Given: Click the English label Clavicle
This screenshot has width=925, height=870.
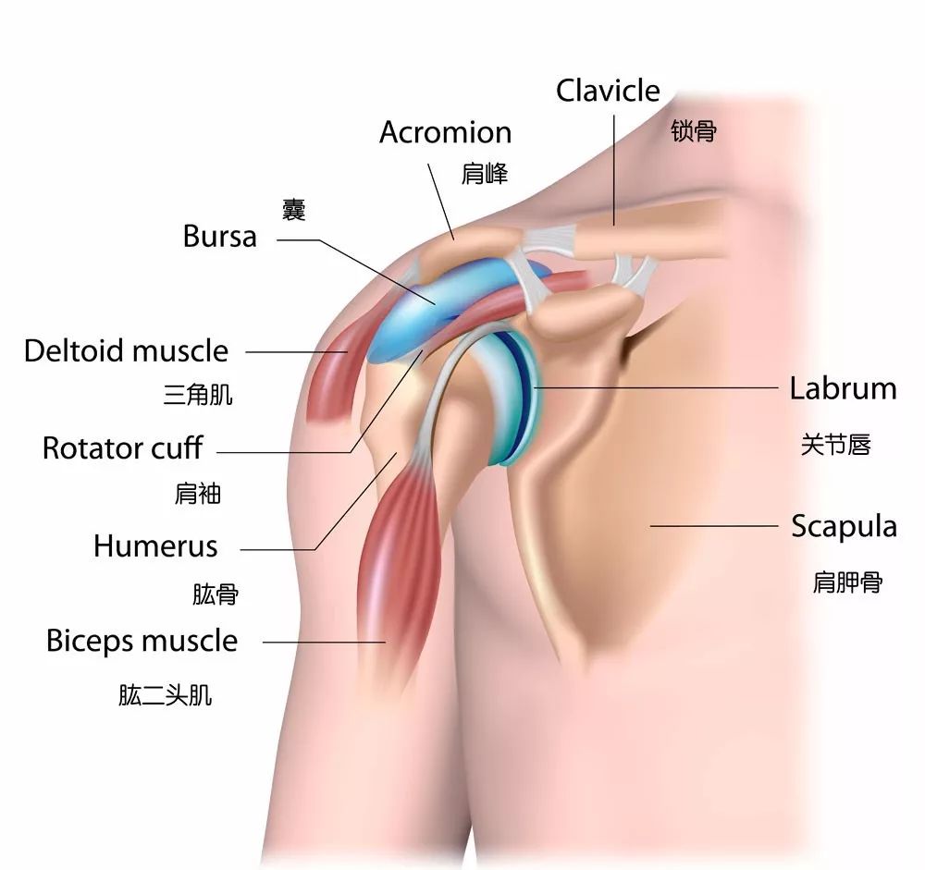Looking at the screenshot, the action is coord(608,91).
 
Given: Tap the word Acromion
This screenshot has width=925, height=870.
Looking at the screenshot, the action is coord(446,132).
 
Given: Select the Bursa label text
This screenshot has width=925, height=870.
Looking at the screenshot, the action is coord(219,237).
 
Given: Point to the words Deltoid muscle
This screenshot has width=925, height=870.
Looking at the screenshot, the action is coord(126,351).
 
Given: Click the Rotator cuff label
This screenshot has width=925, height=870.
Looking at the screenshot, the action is coord(123,448).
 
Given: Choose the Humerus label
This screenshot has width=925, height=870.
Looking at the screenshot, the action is coord(155,546).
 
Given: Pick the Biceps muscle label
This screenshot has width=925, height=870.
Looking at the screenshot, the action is coord(142,641).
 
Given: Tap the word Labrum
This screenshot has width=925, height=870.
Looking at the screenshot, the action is coord(843,389).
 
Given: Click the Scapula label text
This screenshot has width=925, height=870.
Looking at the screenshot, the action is coord(844,527).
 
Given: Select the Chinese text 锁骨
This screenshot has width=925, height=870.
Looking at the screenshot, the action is coord(694,131).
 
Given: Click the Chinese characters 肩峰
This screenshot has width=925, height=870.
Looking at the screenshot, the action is coord(485,175).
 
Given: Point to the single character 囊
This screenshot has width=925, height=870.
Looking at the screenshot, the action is coord(294,210).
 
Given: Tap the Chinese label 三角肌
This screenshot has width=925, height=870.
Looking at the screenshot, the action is coord(198,395).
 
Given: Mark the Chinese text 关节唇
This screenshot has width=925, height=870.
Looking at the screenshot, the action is coord(836,445).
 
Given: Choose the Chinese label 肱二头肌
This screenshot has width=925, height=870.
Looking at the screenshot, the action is coord(166,695).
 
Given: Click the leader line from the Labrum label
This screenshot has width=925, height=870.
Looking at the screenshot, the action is coord(656,387).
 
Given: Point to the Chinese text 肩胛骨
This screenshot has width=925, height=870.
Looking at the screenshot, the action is coord(847,582).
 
